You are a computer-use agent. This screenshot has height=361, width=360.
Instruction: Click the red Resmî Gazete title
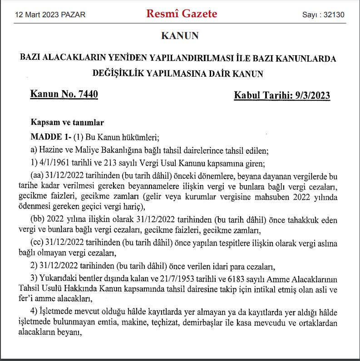pyautogui.click(x=182, y=14)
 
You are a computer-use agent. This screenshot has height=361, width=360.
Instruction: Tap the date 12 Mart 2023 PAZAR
pyautogui.click(x=50, y=15)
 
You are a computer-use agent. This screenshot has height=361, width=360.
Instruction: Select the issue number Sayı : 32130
pyautogui.click(x=323, y=15)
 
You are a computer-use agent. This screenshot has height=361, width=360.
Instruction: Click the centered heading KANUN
pyautogui.click(x=180, y=35)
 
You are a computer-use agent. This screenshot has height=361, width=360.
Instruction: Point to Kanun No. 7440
pyautogui.click(x=64, y=94)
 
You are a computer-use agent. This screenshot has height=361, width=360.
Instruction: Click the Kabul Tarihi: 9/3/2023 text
pyautogui.click(x=282, y=95)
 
